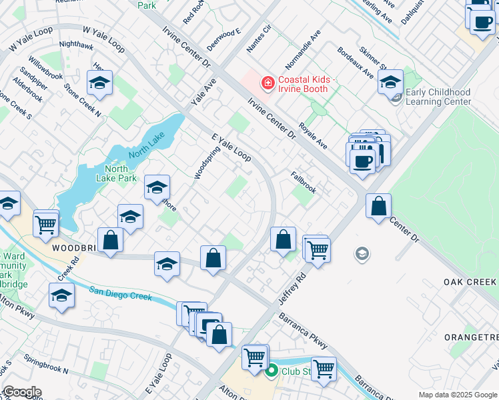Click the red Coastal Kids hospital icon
pyautogui.click(x=268, y=83)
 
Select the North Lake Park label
pyautogui.click(x=112, y=173)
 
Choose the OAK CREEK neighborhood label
pyautogui.click(x=470, y=283)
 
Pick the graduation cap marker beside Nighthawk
pyautogui.click(x=99, y=83)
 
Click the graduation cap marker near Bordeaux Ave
pyautogui.click(x=390, y=83)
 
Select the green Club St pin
pyautogui.click(x=271, y=371)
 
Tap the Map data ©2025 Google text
pyautogui.click(x=458, y=395)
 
